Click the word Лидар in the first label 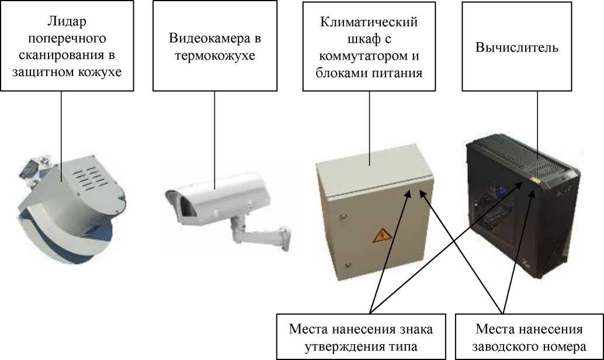67,23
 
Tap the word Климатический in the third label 369,23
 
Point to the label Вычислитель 517,47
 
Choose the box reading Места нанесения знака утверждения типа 361,337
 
